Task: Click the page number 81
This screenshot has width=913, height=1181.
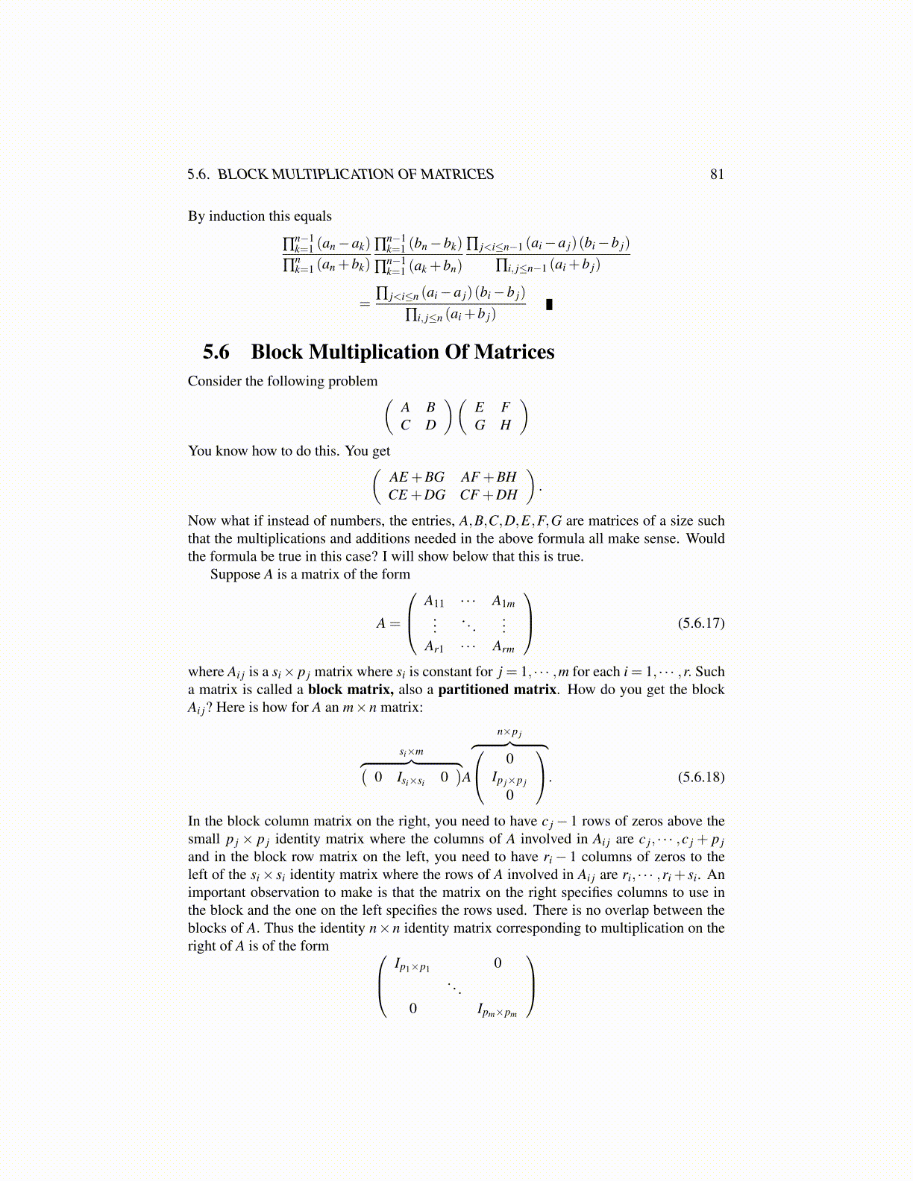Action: (x=717, y=174)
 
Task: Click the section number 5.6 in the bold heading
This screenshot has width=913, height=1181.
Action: (x=216, y=352)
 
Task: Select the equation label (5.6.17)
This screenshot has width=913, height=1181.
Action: (x=700, y=623)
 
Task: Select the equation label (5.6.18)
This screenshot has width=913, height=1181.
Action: (x=700, y=777)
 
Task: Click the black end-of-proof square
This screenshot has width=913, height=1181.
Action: (x=549, y=304)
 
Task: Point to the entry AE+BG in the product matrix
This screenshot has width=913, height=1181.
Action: (x=416, y=477)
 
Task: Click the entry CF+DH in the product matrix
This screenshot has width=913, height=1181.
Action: (x=489, y=495)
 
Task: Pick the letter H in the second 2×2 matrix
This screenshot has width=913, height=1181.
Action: (x=506, y=425)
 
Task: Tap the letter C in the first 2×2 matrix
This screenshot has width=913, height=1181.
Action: (x=405, y=425)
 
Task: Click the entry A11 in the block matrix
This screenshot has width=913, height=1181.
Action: (x=433, y=602)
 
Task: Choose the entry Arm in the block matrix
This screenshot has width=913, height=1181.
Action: (x=503, y=647)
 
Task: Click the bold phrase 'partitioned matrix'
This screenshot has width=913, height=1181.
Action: (x=497, y=690)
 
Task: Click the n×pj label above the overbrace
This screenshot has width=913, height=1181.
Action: (x=509, y=732)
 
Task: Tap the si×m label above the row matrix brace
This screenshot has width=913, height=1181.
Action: (x=411, y=752)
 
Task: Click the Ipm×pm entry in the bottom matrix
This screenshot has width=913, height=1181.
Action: (x=497, y=1010)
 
